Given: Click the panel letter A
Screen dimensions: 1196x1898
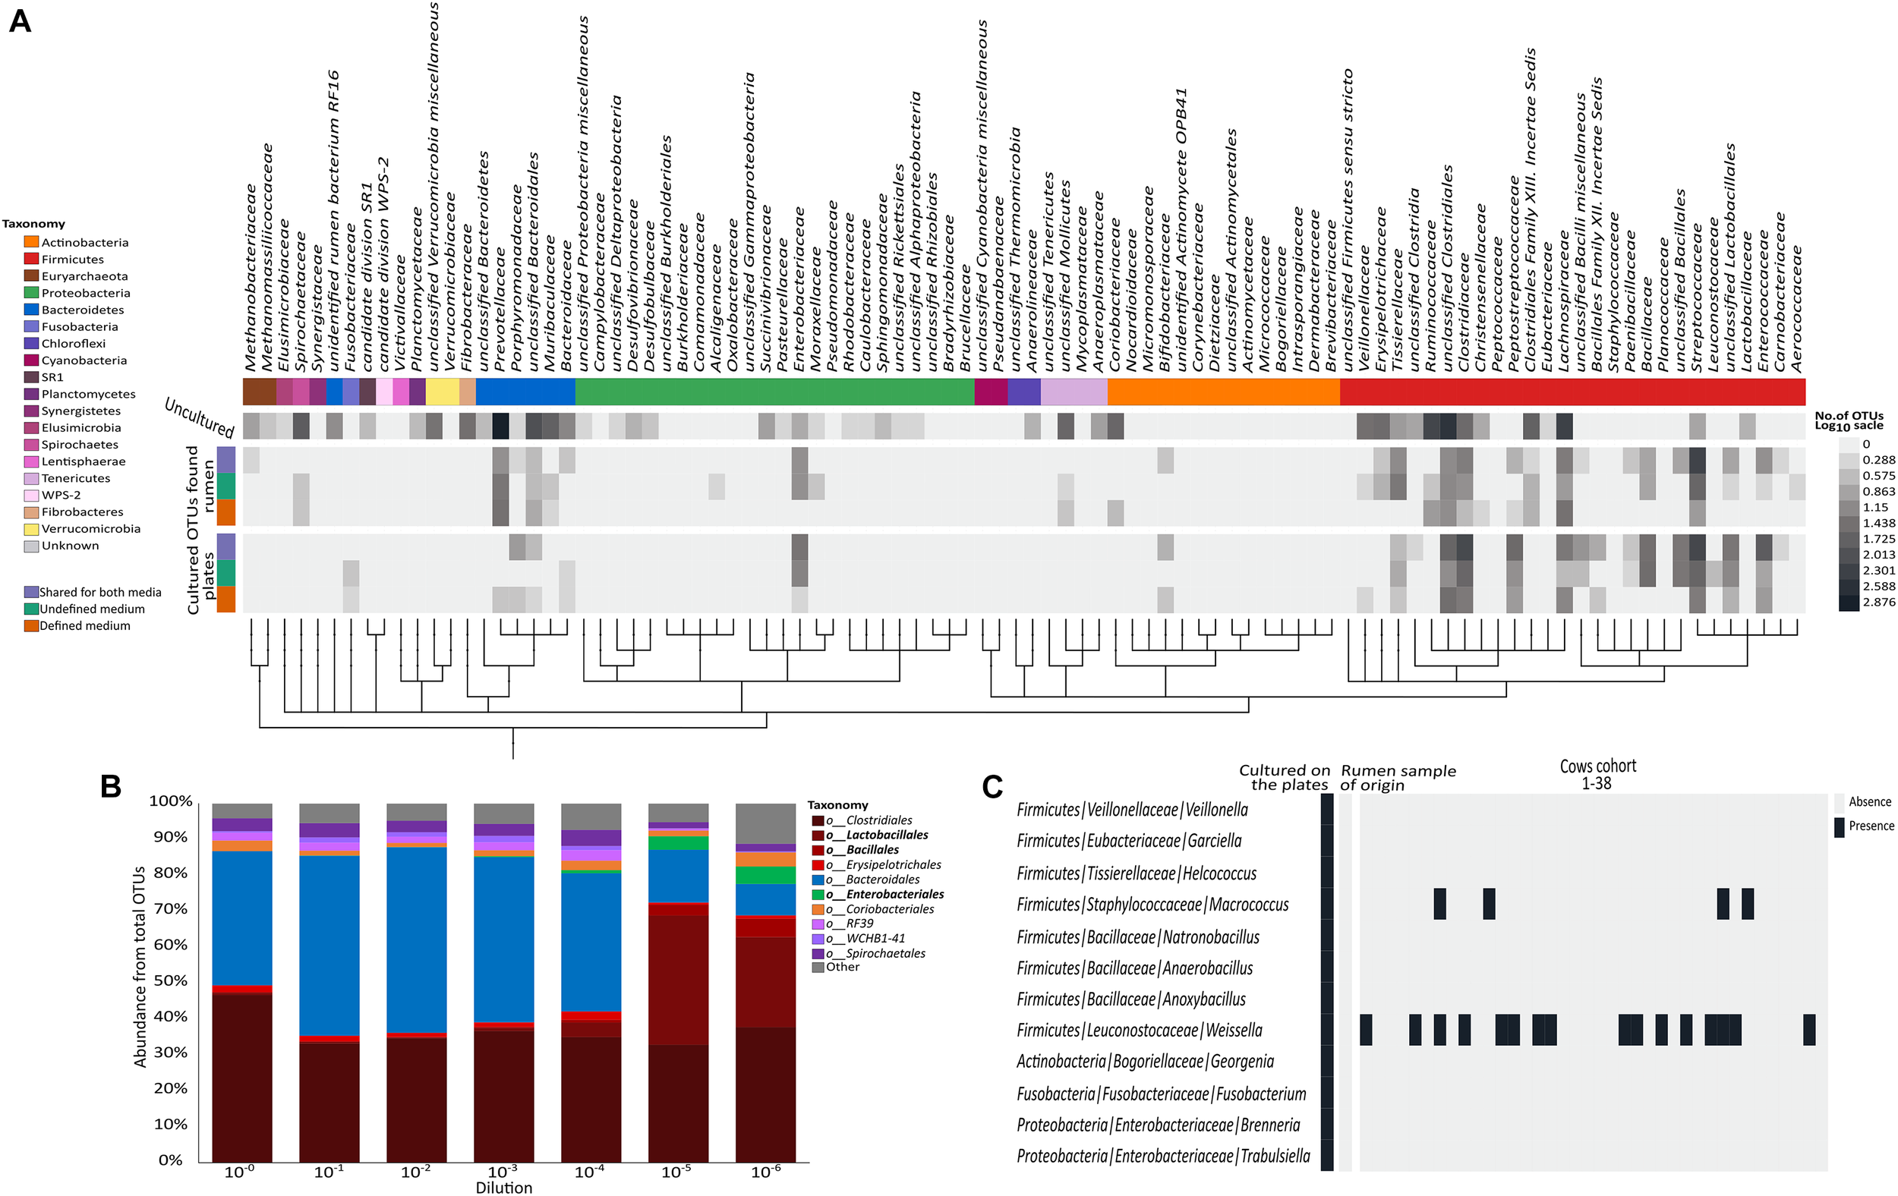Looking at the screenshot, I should pos(20,20).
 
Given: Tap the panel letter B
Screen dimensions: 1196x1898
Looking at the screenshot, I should pos(110,786).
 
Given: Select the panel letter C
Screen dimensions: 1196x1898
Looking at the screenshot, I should pos(992,786).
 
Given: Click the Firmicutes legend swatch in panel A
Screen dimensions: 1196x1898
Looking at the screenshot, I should pos(32,260).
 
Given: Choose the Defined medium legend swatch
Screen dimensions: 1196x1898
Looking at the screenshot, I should pos(32,625).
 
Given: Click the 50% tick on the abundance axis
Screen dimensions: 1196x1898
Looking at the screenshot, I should pos(170,981).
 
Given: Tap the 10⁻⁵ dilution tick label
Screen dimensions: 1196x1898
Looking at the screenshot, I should pos(676,1172).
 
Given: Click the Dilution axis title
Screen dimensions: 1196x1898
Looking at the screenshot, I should pos(503,1188).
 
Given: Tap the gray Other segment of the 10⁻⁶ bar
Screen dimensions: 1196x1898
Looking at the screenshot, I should pos(765,823).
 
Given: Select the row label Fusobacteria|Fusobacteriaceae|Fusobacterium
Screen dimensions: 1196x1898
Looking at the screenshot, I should pos(1161,1094).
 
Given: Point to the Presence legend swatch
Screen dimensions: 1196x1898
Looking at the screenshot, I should pos(1839,826).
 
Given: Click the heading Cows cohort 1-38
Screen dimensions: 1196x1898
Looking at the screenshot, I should pos(1597,775).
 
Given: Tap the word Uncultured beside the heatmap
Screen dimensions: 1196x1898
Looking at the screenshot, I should pos(200,417).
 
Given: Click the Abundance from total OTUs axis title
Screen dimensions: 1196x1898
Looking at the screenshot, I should pos(140,967).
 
